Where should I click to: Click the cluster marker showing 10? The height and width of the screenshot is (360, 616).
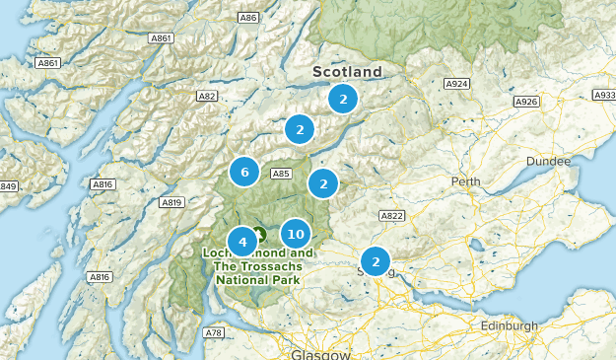coord(295,234)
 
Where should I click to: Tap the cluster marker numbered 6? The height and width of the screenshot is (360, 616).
coord(244,172)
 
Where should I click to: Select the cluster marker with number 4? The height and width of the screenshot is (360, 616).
coord(241,241)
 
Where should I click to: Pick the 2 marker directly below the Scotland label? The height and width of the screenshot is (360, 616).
coord(342,99)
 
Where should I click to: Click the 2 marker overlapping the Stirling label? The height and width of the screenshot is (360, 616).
coord(375,261)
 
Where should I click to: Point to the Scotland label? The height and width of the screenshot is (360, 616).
coord(347,72)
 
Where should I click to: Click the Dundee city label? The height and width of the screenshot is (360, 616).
coord(548,161)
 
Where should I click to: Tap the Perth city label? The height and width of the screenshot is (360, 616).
coord(465,181)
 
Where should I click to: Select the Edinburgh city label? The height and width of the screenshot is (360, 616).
coord(510,325)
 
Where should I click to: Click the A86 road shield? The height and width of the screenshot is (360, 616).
coord(248,18)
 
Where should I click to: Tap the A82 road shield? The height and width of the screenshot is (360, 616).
coord(207,96)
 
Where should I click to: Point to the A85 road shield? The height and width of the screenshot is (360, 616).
coord(281,174)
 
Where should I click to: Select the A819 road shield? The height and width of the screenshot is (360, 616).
coord(172,202)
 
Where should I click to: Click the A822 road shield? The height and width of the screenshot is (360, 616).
coord(392,215)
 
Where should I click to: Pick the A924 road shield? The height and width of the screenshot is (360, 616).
coord(456,84)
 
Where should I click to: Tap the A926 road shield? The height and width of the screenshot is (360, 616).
coord(527,102)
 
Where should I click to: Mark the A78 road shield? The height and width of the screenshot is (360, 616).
coord(214,332)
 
